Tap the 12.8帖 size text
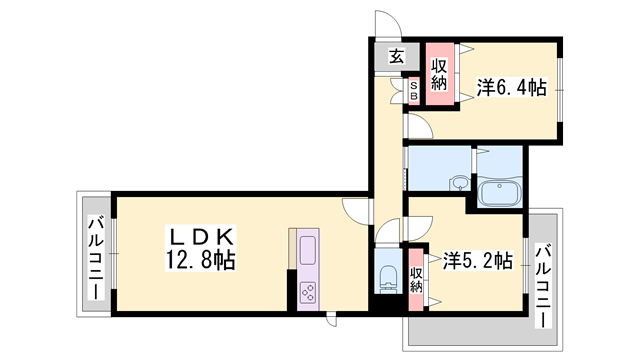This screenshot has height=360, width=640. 199,260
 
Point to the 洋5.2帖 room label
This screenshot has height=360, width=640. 478,262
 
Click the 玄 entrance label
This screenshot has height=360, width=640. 397,57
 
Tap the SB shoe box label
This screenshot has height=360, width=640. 413,91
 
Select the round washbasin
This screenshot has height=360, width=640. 458,184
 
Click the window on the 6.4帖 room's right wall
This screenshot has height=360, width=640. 558,91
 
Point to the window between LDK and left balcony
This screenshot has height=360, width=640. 113,254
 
